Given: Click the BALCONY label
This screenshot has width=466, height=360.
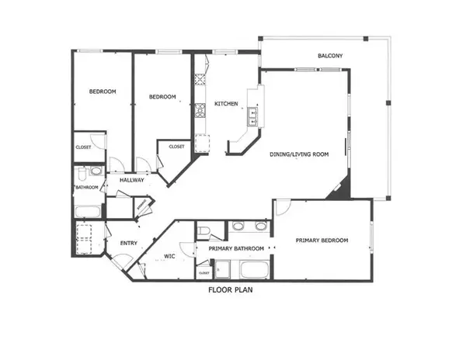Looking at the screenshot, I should tap(331, 56).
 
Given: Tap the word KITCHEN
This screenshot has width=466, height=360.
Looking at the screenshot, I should tap(226, 104).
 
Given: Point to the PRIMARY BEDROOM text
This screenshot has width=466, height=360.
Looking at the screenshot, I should tap(322, 241).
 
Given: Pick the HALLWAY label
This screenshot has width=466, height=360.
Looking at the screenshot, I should tap(131, 181).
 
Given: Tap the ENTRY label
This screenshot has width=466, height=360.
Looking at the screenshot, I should tap(129, 244).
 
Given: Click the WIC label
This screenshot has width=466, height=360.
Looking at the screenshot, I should tap(169, 255).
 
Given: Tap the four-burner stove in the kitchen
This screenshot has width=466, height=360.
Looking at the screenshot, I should tap(200, 80).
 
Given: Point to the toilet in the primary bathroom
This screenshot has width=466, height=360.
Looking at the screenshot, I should tap(203, 232).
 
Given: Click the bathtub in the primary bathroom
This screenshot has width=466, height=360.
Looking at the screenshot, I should tap(254, 271).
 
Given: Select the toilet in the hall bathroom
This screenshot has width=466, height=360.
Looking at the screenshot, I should tap(94, 171).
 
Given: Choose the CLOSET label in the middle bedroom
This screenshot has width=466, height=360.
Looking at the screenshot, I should tap(176, 147).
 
